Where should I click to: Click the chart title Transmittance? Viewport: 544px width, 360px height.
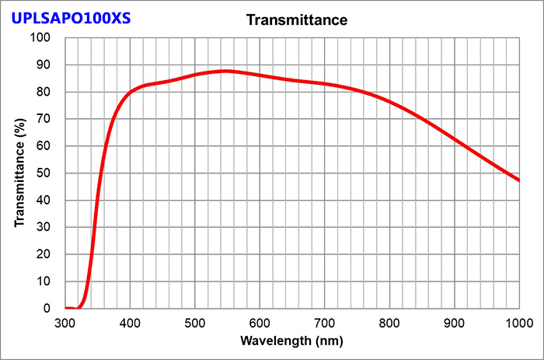(x=296, y=19)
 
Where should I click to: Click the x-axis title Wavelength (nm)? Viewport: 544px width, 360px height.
(x=291, y=341)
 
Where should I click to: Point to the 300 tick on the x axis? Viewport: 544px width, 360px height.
(x=65, y=322)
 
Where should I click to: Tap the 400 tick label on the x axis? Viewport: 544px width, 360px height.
(x=130, y=322)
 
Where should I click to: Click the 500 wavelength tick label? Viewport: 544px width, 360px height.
(x=195, y=322)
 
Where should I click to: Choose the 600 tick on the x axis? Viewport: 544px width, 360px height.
(x=260, y=322)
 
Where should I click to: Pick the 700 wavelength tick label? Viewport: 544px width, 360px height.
(x=325, y=322)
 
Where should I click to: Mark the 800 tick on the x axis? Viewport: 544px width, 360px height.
(x=389, y=322)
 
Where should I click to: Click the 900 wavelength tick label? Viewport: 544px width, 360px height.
(x=455, y=322)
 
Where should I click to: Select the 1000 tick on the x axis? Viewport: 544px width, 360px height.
(x=518, y=322)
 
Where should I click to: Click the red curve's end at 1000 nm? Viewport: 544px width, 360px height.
(x=518, y=180)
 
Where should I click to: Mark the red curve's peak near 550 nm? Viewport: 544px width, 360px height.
(x=226, y=71)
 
